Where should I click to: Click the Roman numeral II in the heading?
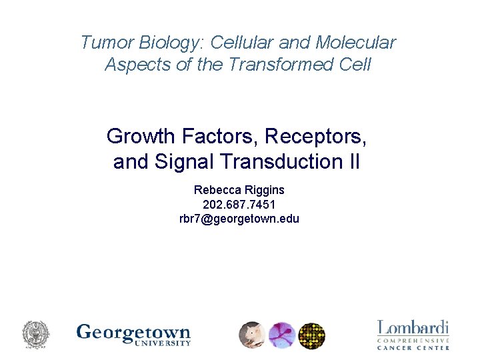(x=354, y=161)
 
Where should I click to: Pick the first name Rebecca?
(x=215, y=190)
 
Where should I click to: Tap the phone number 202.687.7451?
(x=239, y=204)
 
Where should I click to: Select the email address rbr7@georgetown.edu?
(x=239, y=218)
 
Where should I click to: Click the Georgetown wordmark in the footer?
(x=133, y=333)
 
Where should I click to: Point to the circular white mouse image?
(x=253, y=335)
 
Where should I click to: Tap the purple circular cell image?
(x=282, y=335)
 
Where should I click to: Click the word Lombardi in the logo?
(x=413, y=328)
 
